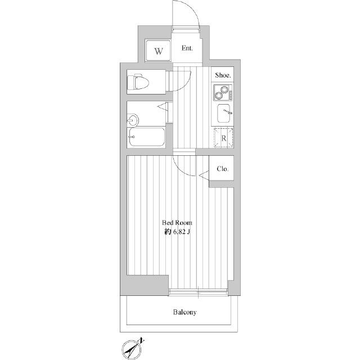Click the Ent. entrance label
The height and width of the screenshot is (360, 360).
point(187,48)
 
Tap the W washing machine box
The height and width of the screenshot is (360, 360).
point(158,51)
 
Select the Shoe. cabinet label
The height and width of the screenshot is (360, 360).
point(223,75)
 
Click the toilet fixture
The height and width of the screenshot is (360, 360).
point(138,82)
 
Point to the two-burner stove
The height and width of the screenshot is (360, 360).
point(223,92)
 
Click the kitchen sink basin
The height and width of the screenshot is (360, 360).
point(224,113)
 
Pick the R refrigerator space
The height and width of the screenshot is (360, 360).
point(224,138)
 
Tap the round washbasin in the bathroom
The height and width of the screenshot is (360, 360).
point(133,120)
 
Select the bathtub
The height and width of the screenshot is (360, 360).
point(146,137)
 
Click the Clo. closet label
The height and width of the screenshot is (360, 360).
point(223,169)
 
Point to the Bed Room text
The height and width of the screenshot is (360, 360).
point(177,223)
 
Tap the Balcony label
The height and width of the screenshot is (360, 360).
point(184,312)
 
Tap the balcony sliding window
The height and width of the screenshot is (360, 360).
point(199,292)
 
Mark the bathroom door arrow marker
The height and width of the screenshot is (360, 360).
point(163,107)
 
